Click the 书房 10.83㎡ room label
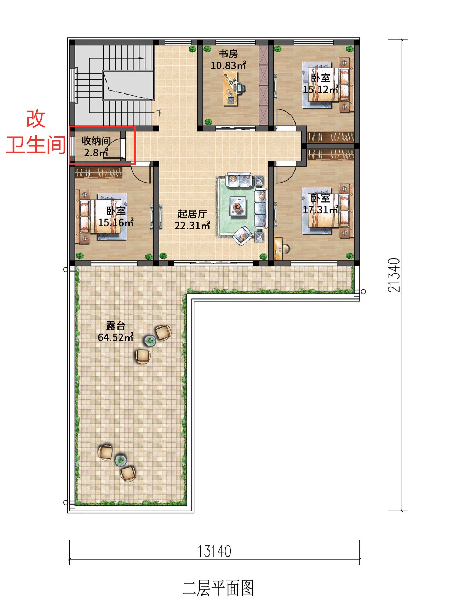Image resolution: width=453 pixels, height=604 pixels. point(228,59)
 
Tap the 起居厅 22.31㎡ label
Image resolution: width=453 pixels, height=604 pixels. point(192,220)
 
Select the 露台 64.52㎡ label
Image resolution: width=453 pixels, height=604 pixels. point(115,331)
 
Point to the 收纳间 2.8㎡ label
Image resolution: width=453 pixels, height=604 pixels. point(96,147)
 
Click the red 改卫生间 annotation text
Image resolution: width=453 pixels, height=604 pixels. point(36,131)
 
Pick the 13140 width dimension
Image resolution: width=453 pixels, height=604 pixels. point(214,551)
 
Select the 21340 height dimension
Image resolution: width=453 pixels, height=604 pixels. point(394,275)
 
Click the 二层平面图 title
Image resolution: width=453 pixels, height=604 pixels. point(218,588)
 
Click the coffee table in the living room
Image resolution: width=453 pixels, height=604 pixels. point(238,206)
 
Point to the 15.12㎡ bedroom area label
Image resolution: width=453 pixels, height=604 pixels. point(321,89)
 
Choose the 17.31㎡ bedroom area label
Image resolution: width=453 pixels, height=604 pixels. point(321,210)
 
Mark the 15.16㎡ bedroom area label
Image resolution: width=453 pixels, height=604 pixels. point(116,222)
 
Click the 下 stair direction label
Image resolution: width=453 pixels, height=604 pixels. point(160,113)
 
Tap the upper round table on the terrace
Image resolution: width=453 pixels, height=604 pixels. point(150,341)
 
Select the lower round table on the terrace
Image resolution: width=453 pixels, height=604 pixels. point(121,460)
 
